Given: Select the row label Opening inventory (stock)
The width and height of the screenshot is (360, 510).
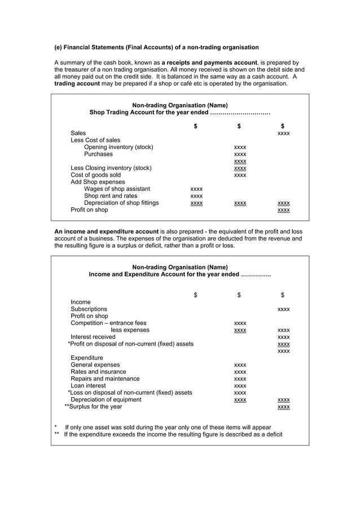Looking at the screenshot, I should tap(118, 147).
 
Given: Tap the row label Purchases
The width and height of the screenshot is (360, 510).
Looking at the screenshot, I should tap(98, 154).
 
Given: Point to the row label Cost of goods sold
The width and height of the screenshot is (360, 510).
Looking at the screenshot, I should tap(95, 175).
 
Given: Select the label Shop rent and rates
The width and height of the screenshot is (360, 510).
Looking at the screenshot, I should tap(111, 196).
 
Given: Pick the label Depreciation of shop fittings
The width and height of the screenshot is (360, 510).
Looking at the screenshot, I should tap(121, 203).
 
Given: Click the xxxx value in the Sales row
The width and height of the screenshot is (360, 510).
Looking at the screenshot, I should tap(284, 134).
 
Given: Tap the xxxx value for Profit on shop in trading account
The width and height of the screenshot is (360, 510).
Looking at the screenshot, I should tap(284, 210).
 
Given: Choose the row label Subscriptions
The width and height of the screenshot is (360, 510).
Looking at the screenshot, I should tap(89, 310).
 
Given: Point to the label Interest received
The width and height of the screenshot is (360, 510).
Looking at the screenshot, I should tap(93, 337).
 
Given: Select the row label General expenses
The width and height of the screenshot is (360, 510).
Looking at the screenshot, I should tap(95, 365).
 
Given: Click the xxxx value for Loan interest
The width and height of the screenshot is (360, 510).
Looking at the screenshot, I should tap(240, 386).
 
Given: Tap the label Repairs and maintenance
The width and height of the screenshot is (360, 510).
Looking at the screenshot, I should tap(105, 379).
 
